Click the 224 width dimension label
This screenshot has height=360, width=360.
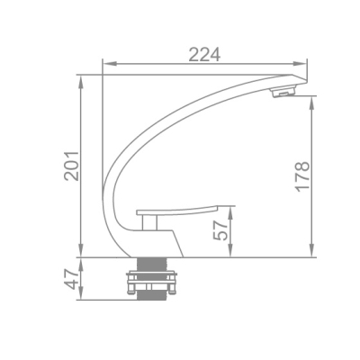204,54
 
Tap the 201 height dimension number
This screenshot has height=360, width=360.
71,166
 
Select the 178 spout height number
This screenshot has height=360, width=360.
302,176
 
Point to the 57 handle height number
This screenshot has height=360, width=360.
220,230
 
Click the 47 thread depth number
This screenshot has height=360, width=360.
71,279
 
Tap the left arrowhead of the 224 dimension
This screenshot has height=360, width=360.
109,64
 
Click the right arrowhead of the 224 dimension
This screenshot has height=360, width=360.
300,64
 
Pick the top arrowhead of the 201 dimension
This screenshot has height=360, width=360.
80,82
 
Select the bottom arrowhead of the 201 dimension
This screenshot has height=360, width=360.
80,250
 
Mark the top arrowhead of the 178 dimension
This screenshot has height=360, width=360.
312,103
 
